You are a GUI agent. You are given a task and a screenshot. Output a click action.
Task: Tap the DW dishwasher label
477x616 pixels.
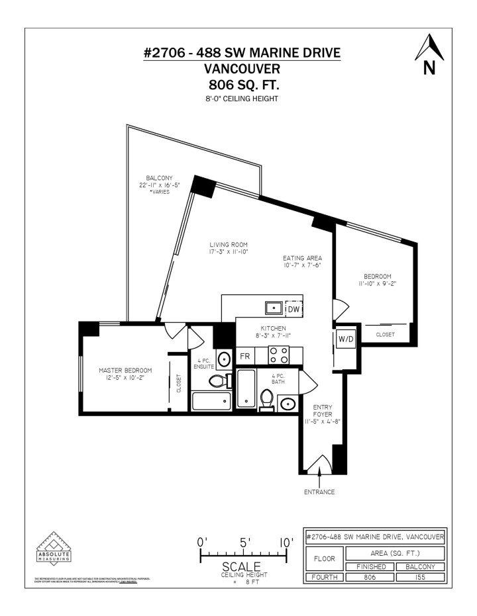[x=293, y=309]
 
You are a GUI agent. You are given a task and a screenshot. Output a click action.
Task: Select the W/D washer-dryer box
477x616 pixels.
[x=346, y=339]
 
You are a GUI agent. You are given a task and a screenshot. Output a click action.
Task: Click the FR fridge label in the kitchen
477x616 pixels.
[x=244, y=356]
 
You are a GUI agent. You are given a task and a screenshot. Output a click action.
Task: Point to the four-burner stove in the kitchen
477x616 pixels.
[x=279, y=355]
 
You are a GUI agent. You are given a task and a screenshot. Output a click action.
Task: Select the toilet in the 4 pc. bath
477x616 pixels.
[x=267, y=399]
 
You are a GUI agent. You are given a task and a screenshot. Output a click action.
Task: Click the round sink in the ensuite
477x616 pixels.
[x=224, y=359]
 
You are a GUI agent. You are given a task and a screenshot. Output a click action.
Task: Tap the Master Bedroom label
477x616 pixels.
[x=125, y=374]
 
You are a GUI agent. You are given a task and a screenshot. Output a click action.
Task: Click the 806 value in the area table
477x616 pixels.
[x=368, y=577]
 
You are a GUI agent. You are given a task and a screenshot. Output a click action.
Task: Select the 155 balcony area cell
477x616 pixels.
[x=419, y=577]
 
